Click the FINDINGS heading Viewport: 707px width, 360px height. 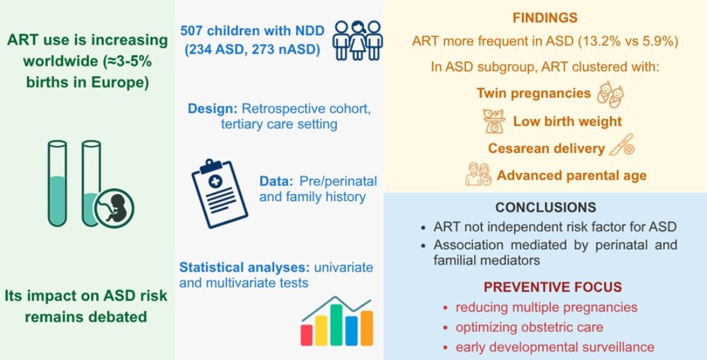coord(545,18)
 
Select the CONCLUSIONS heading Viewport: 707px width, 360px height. coord(545,207)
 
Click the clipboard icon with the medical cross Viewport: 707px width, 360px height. coord(220,193)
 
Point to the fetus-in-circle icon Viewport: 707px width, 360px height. coord(114,208)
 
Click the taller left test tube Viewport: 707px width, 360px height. coord(57,183)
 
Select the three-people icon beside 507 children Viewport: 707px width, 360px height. coord(358,40)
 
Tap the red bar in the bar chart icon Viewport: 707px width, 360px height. coord(307,335)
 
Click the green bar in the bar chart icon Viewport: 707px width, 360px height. coord(336,325)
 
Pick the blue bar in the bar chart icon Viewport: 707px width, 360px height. coord(352,331)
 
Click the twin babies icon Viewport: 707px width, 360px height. coord(611,95)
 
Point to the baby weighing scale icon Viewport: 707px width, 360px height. coord(494,121)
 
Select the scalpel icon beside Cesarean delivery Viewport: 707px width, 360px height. coord(622,145)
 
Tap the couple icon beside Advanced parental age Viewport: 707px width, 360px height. coord(478,175)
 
